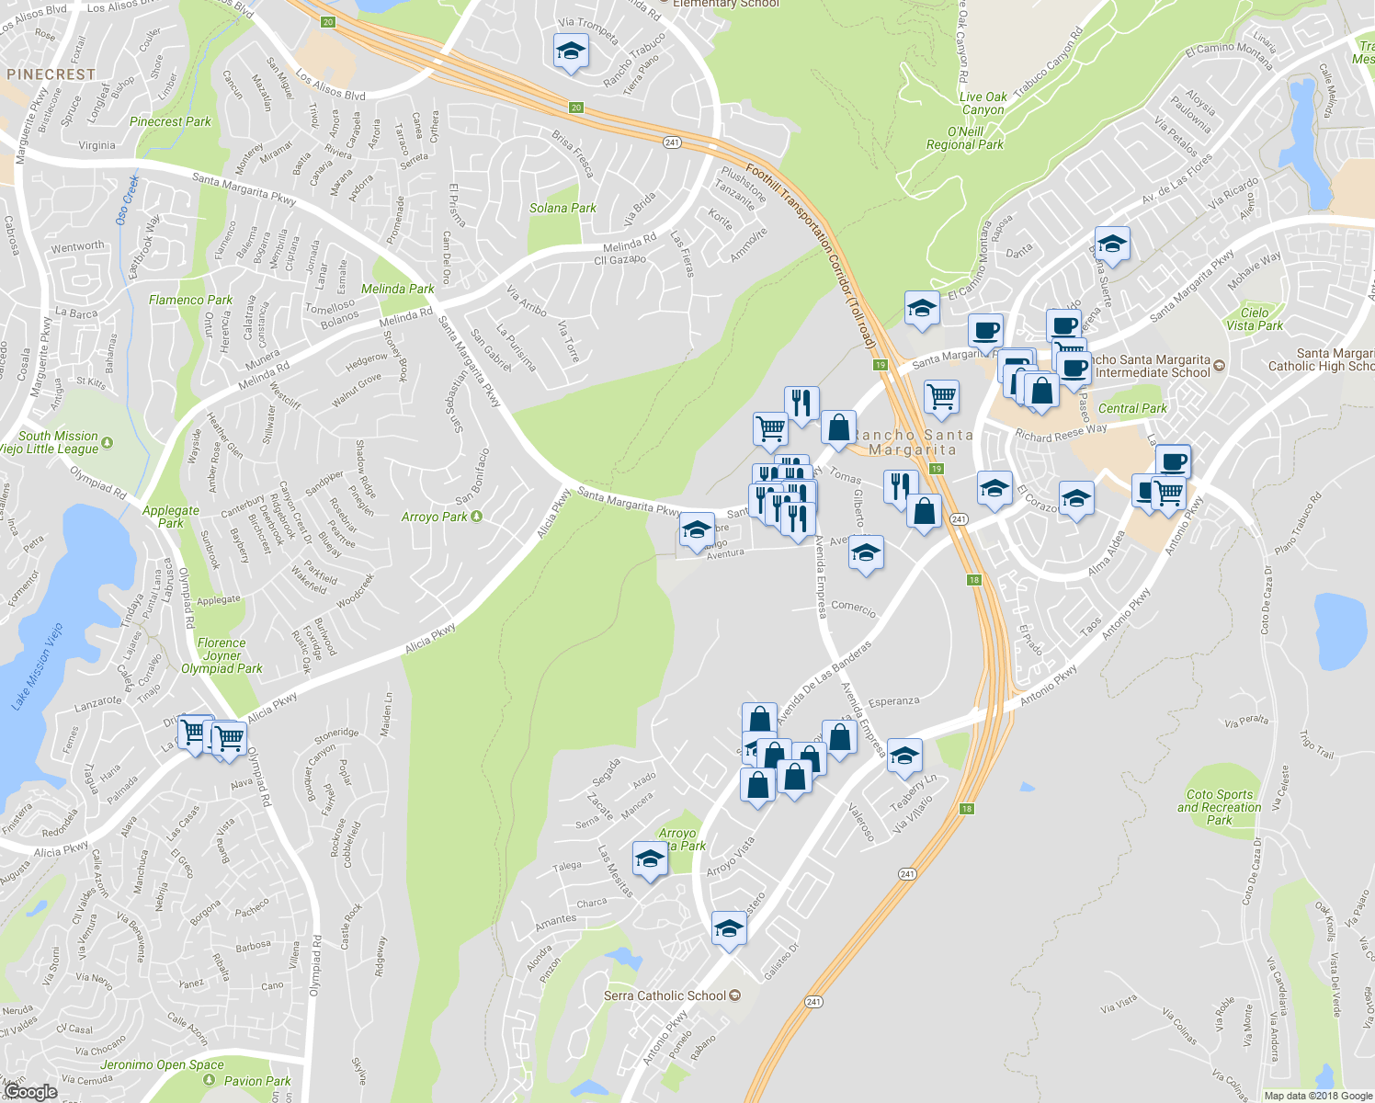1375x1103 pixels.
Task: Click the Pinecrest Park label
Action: pos(170,121)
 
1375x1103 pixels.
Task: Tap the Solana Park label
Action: pos(562,209)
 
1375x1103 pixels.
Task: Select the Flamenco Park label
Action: pos(190,301)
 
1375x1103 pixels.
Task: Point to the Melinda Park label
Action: pos(397,290)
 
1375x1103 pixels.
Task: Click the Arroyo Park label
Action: pos(435,517)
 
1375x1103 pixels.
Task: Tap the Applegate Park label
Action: pos(171,517)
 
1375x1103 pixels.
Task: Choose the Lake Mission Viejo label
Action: pos(38,666)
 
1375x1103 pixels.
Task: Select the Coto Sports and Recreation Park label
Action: pos(1220,807)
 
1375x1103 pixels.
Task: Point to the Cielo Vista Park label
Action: pos(1255,319)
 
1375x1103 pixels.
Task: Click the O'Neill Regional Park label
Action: pos(965,138)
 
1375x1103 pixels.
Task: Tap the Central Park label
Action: pos(1132,409)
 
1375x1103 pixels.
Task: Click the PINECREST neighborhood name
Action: pos(51,74)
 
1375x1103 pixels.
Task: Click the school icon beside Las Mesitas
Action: pos(650,859)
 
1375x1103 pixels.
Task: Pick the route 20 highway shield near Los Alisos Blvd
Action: pos(329,21)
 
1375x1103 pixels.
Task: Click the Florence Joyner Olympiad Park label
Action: pos(222,656)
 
